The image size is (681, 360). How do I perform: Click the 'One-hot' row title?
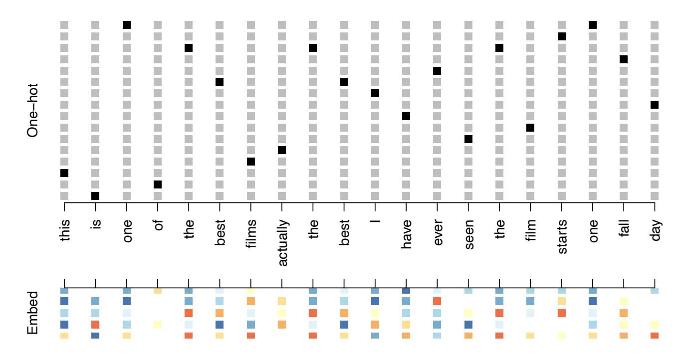33,109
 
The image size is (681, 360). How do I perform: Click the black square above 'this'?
64,173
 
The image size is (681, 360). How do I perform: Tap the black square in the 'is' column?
95,196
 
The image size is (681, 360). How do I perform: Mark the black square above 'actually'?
282,150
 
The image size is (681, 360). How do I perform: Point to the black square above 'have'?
406,116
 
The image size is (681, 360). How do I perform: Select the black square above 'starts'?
561,36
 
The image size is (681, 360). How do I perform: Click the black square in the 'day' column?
655,105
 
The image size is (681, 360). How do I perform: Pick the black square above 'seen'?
468,139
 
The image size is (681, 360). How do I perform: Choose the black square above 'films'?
251,162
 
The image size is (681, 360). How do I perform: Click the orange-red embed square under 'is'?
95,324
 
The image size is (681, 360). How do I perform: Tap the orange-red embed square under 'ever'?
437,301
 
